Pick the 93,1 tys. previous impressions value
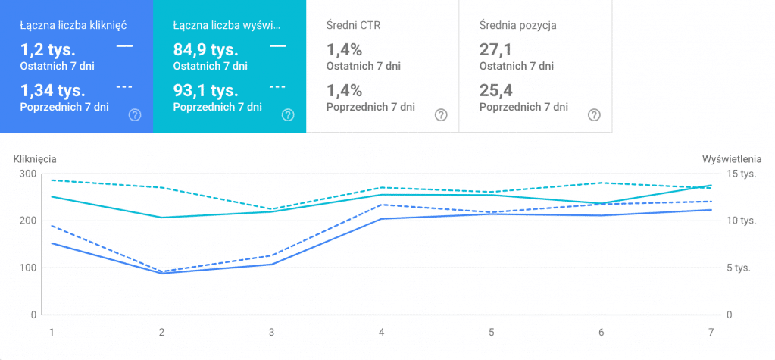(x=206, y=91)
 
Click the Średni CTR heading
(x=353, y=25)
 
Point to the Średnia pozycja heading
(x=518, y=25)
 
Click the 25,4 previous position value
(x=495, y=91)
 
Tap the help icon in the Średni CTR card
(x=441, y=115)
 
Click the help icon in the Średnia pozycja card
(x=595, y=115)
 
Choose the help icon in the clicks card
(x=135, y=115)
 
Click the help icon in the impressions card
(x=288, y=115)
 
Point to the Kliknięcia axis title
(x=36, y=159)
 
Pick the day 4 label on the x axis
(x=382, y=332)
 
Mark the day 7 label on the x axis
(x=711, y=332)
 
